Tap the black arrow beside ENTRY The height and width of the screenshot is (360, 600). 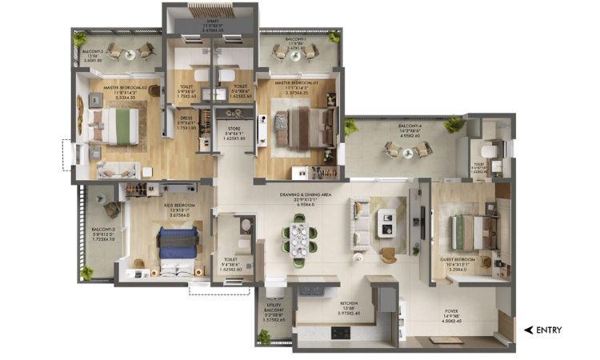[528, 330]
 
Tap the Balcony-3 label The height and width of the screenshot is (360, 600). [101, 233]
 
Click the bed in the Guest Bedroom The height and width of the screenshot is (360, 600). [466, 232]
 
